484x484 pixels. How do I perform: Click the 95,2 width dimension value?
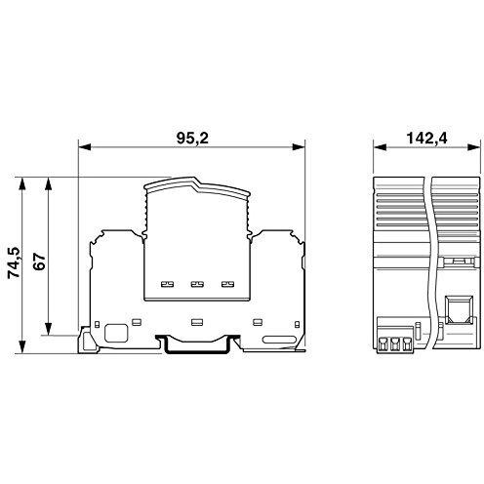pos(192,139)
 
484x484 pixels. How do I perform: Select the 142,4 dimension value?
pos(426,139)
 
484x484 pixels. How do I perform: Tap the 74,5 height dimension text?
pos(14,262)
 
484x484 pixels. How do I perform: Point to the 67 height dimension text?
pos(39,262)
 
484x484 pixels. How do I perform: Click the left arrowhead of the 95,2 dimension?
pos(84,147)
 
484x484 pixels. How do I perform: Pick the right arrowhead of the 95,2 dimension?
pos(299,147)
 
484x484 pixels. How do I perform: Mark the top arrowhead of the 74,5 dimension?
pos(22,183)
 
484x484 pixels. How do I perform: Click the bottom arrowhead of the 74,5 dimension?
pos(22,346)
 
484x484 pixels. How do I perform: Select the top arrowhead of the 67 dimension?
pos(48,183)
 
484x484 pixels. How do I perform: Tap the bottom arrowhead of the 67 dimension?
pos(48,329)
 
